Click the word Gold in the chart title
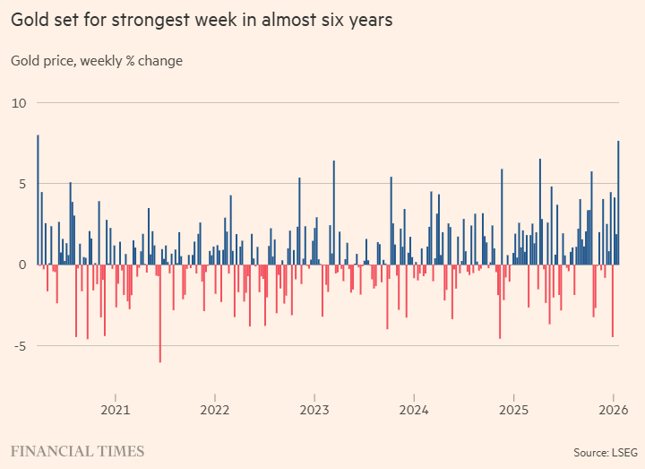tap(30, 20)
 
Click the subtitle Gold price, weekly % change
tap(97, 61)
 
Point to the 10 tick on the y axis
tap(19, 103)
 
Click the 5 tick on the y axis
tap(22, 184)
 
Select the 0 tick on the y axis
tap(22, 265)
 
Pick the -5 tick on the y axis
tap(20, 345)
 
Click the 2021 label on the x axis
tap(116, 410)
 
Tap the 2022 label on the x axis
tap(215, 410)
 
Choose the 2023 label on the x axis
tap(314, 410)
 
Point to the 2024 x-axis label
tap(414, 410)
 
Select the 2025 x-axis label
tap(513, 410)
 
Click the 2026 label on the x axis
tap(611, 410)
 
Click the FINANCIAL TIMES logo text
tap(77, 450)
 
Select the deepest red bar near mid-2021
tap(160, 314)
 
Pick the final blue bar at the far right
tap(618, 203)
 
